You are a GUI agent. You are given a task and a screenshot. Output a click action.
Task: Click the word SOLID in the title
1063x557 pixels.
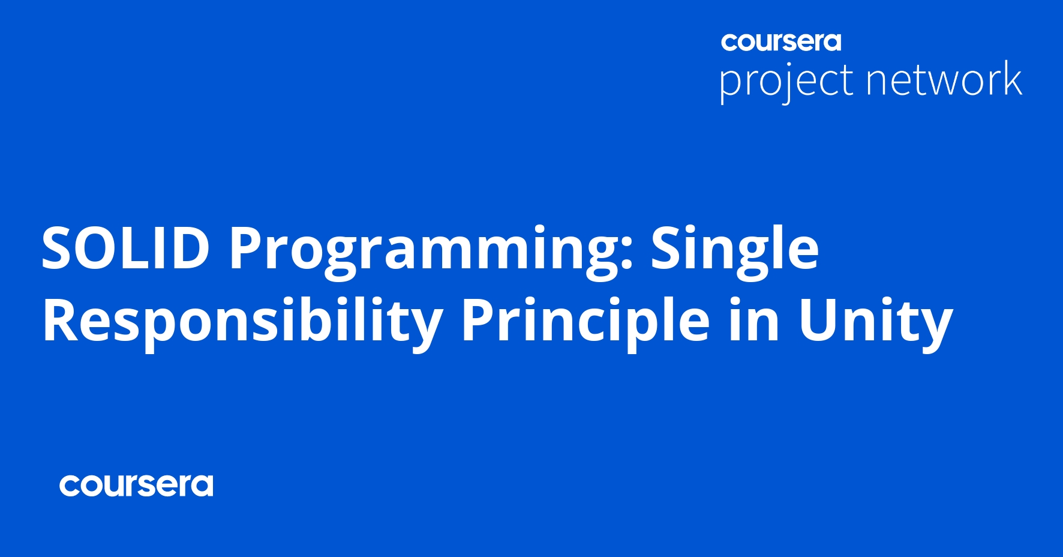point(125,248)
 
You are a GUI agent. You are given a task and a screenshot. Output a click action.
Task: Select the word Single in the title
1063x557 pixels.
point(735,252)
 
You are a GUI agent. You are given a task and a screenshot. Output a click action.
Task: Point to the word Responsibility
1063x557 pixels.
point(242,324)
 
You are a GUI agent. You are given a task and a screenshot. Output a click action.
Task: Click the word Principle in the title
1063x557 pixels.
point(585,324)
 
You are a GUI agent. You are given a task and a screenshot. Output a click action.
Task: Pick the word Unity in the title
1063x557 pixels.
point(875,324)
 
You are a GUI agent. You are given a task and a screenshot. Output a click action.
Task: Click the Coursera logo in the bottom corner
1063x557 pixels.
point(136,486)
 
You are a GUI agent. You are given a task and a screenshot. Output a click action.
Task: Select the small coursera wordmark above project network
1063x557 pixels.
point(781,42)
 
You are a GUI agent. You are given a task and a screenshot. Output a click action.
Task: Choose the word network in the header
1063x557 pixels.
point(944,79)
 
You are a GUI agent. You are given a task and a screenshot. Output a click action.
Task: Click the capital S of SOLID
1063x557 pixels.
point(58,248)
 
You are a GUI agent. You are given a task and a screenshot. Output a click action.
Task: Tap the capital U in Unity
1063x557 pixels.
point(818,321)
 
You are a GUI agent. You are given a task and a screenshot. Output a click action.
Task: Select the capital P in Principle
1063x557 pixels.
point(478,321)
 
